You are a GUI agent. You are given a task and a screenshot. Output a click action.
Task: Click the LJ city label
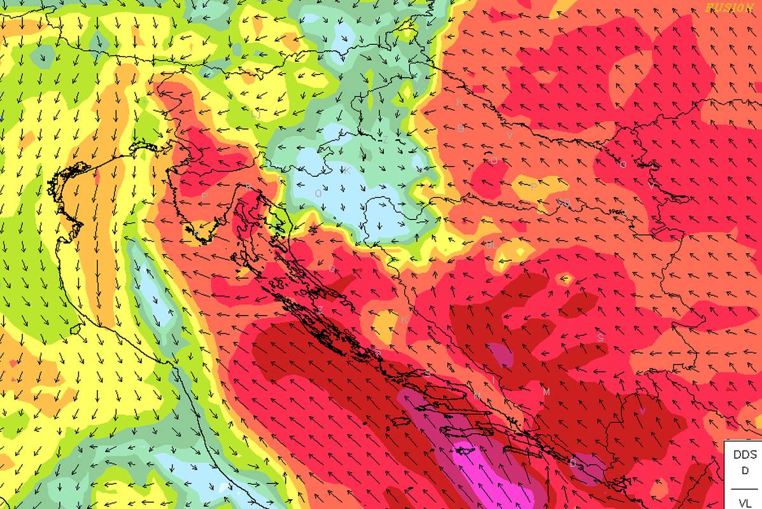coord(256,115)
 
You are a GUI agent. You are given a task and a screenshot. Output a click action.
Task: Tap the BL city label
coord(490,245)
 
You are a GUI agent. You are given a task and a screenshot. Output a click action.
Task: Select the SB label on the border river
coord(564,202)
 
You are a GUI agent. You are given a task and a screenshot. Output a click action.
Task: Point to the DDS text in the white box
coord(745,455)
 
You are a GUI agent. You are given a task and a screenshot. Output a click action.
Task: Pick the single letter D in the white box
coord(745,471)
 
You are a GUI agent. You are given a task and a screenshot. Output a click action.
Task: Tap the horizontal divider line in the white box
coord(745,489)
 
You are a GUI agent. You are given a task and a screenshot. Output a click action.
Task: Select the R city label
coord(249,186)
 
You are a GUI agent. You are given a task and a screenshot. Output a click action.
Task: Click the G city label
coord(332,268)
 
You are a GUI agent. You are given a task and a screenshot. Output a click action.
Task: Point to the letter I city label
coord(491,380)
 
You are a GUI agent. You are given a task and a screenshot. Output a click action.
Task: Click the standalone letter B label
coord(461,129)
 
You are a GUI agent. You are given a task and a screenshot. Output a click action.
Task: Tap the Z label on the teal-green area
coord(385,139)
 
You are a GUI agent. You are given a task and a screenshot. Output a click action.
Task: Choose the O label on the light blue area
coord(318,193)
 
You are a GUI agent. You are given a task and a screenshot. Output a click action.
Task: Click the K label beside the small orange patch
coord(404,319)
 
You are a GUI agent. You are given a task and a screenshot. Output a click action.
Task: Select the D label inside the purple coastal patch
coord(573,463)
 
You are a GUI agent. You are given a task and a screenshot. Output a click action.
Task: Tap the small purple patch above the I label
coord(500,354)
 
